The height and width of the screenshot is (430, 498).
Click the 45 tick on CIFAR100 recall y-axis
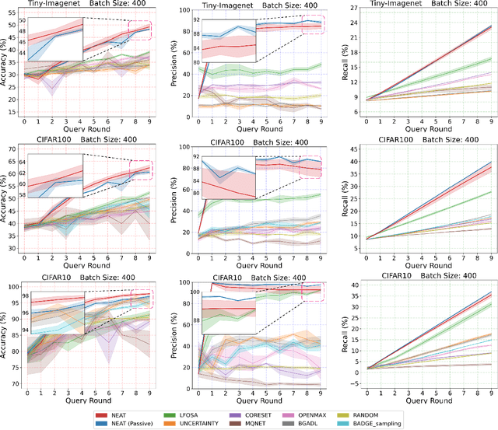pos(338,149)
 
